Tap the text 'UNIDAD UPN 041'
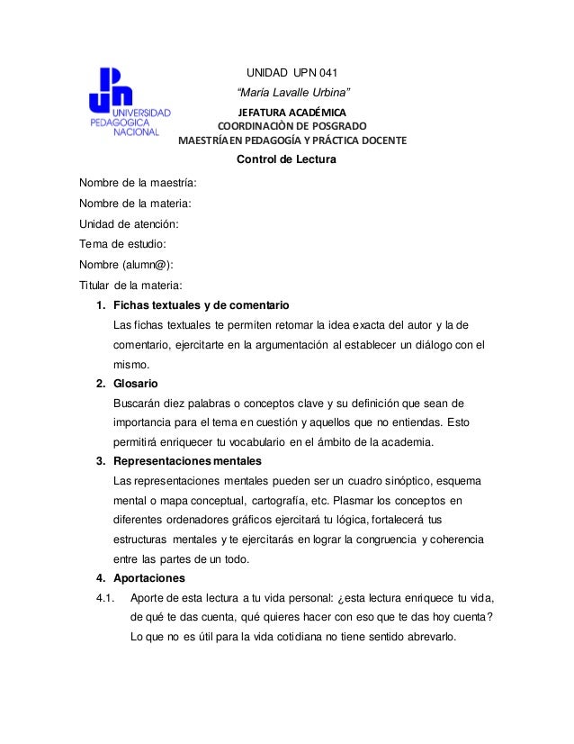click(291, 73)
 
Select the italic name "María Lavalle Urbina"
click(292, 94)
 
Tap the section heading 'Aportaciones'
click(148, 577)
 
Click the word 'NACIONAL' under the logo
click(137, 132)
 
